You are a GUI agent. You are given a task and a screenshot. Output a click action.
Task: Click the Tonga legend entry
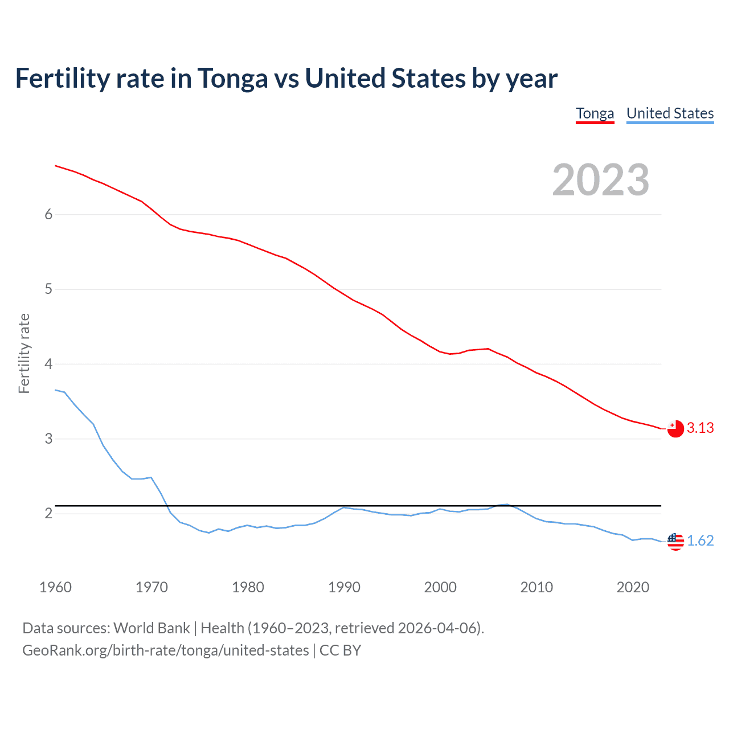(x=595, y=113)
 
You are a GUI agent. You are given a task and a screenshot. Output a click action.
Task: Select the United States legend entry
(x=670, y=113)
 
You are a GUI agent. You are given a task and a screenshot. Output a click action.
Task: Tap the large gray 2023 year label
(x=600, y=180)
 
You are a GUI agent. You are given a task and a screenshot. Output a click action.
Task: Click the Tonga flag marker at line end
(x=675, y=428)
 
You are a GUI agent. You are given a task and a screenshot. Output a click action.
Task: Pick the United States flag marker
(x=675, y=541)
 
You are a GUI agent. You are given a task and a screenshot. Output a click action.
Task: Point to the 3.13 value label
(x=700, y=428)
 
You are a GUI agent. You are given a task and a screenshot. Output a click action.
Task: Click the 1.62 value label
(x=700, y=540)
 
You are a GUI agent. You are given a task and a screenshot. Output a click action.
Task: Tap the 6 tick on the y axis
(x=48, y=214)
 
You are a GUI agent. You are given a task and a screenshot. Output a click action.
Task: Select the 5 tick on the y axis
(x=48, y=289)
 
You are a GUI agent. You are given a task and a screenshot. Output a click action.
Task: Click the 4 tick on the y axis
(x=48, y=364)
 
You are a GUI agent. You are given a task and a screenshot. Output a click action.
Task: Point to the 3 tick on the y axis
(x=48, y=439)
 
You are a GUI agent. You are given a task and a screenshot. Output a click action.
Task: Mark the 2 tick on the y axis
(x=48, y=514)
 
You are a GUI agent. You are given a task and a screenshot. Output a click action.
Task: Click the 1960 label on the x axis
(x=55, y=587)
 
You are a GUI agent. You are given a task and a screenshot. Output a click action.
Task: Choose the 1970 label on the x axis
(x=151, y=587)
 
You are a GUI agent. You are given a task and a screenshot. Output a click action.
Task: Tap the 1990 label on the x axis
(x=344, y=587)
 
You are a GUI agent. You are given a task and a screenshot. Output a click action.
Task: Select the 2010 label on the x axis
(x=536, y=587)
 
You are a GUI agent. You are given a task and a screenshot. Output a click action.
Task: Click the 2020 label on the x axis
(x=633, y=587)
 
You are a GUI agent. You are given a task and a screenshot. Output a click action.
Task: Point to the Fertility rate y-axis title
(x=24, y=353)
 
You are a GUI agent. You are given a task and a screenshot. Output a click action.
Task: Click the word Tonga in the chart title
(x=232, y=79)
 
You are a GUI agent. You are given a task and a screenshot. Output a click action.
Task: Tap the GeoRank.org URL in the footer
(x=165, y=650)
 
